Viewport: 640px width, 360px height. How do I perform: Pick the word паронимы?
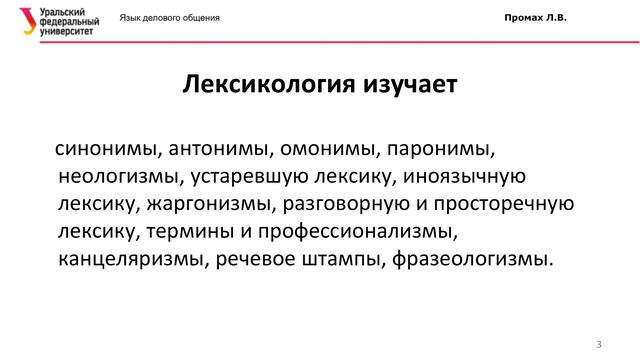click(x=441, y=150)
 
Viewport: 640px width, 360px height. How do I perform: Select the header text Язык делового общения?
click(x=170, y=19)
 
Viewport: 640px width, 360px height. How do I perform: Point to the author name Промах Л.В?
click(x=534, y=19)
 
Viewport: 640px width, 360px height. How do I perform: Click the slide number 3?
click(x=598, y=345)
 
